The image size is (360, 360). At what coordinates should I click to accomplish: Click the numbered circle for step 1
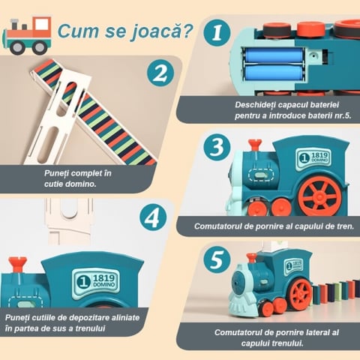click(217, 33)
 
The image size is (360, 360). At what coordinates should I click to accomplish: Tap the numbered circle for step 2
click(160, 73)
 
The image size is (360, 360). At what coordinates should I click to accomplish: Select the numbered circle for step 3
click(217, 147)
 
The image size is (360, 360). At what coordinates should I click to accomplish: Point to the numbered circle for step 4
click(153, 217)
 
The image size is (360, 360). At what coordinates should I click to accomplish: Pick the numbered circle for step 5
click(217, 259)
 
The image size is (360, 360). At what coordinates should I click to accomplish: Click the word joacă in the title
click(161, 31)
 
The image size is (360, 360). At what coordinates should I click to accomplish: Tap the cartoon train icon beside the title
click(27, 36)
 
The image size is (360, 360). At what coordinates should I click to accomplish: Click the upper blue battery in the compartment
click(274, 55)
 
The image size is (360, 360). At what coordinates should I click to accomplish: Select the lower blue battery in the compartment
click(274, 73)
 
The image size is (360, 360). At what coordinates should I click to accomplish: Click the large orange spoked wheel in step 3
click(319, 196)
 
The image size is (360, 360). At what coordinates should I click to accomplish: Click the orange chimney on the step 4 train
click(17, 264)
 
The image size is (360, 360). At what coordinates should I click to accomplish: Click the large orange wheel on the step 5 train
click(301, 292)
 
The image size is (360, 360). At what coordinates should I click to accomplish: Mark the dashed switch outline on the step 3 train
click(261, 174)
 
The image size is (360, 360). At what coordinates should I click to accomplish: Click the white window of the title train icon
click(41, 25)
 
